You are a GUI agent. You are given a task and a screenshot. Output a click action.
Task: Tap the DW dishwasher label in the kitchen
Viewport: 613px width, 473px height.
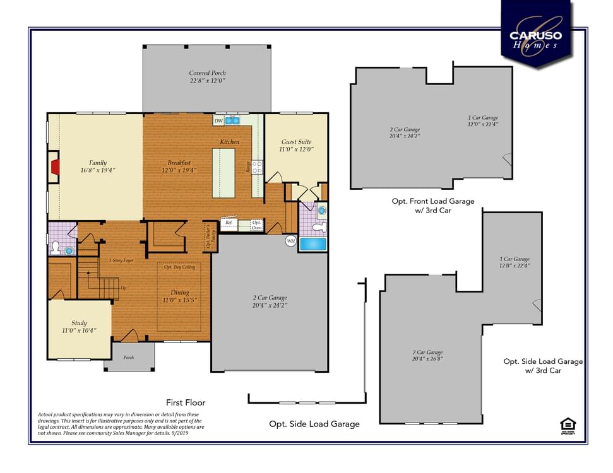click(x=218, y=121)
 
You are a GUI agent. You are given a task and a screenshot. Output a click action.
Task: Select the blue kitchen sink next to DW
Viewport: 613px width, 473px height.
click(x=232, y=120)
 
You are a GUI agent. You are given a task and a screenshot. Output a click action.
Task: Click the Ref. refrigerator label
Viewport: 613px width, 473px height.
click(x=229, y=223)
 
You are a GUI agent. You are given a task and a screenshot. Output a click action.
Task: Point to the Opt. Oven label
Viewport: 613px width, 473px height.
click(x=256, y=225)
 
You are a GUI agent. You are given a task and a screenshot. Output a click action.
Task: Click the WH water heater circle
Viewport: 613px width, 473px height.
click(x=291, y=241)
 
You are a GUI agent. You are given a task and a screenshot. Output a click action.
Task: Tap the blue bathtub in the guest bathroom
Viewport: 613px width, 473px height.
click(x=312, y=243)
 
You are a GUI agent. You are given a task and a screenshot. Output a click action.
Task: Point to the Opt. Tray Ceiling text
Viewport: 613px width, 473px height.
click(x=179, y=267)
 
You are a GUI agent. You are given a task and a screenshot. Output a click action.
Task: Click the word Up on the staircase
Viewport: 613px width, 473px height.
click(x=123, y=288)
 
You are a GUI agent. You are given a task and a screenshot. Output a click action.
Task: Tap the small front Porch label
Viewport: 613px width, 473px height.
click(x=128, y=358)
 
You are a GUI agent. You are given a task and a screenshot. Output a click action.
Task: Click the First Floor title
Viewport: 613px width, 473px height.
click(x=186, y=402)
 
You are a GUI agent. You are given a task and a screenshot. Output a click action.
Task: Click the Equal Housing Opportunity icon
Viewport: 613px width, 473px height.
click(x=568, y=426)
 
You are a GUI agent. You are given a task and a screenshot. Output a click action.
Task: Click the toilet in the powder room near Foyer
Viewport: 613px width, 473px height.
click(x=56, y=247)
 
